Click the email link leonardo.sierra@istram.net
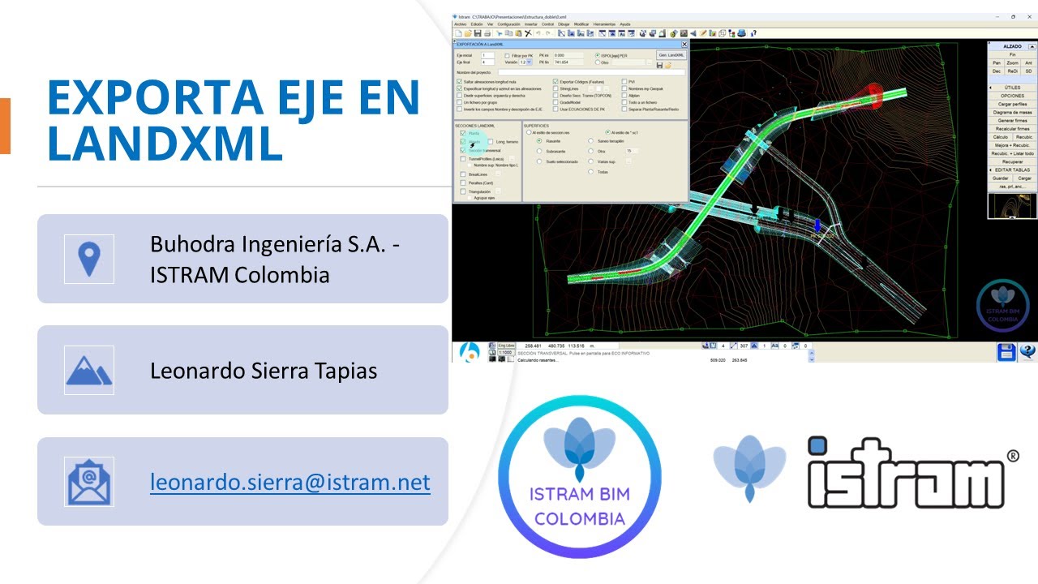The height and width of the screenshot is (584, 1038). tap(290, 482)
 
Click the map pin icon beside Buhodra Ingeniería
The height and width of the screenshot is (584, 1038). tap(89, 259)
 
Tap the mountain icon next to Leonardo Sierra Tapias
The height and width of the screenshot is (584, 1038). tap(89, 371)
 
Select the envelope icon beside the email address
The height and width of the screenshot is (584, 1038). tap(89, 482)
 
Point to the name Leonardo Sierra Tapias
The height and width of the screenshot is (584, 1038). tap(264, 371)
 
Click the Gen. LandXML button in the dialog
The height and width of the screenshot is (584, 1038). tap(671, 55)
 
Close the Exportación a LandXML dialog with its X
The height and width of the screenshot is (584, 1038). tap(684, 45)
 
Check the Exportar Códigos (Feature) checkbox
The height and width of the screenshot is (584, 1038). tap(555, 82)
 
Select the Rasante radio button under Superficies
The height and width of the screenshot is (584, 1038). tap(539, 141)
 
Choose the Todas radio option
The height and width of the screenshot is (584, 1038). tap(590, 172)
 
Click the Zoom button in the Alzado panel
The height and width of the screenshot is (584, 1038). tap(1012, 62)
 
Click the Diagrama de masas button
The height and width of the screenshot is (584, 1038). tap(1012, 112)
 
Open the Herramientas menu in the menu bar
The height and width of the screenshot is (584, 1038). tap(604, 24)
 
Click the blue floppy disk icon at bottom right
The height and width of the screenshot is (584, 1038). tap(1006, 352)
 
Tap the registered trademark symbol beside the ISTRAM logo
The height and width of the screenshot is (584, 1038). tap(1012, 457)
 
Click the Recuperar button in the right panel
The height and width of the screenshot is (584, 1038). tap(1012, 161)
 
